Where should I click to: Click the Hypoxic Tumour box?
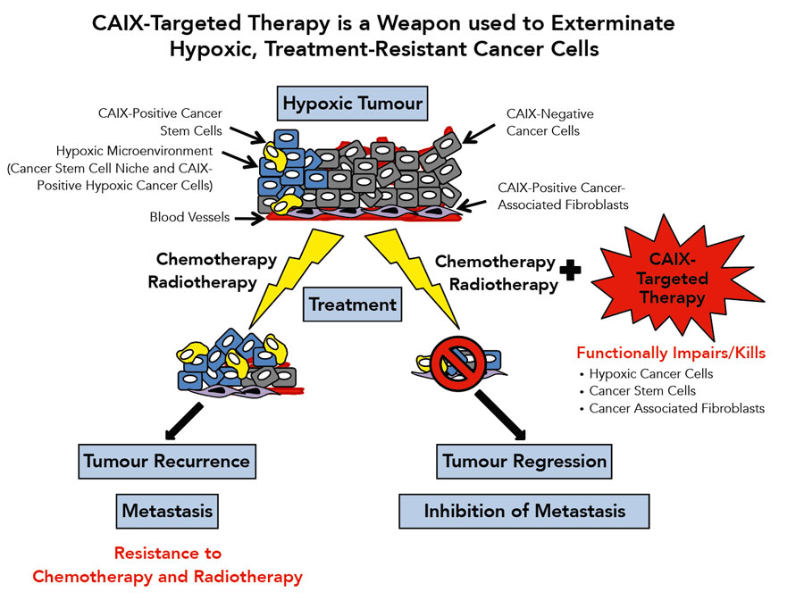[x=352, y=104]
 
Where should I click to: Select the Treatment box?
[x=352, y=304]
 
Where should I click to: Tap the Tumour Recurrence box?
[x=167, y=462]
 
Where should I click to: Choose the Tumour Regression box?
[x=524, y=462]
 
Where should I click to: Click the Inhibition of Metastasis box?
[x=524, y=511]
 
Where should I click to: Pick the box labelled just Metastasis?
[x=167, y=511]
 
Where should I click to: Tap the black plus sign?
[x=570, y=271]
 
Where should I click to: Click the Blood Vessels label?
[x=189, y=217]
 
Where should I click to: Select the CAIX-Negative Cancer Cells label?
[x=549, y=122]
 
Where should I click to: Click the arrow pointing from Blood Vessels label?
[x=250, y=219]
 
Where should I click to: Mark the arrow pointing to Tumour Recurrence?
[x=183, y=421]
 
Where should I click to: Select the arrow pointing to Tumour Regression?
[x=500, y=416]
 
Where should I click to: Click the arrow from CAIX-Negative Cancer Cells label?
[x=479, y=134]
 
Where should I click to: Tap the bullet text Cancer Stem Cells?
[x=642, y=391]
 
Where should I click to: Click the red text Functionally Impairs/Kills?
[x=671, y=353]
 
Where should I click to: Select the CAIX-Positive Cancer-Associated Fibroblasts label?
[x=563, y=196]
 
